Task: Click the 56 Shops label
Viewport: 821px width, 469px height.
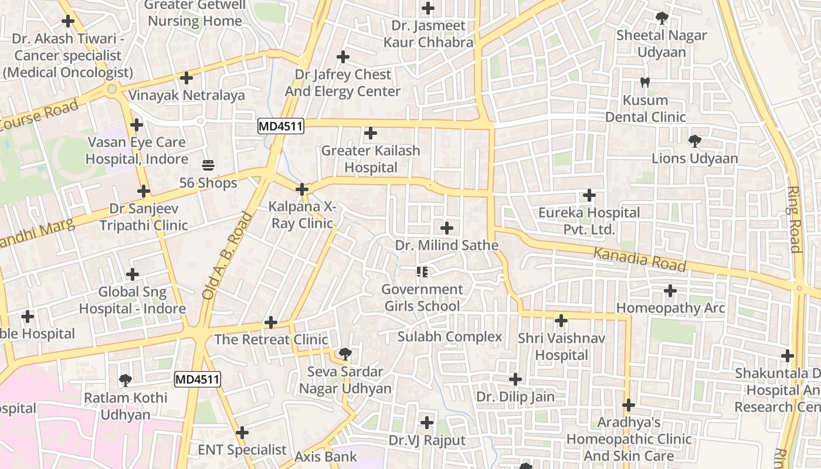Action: tap(208, 183)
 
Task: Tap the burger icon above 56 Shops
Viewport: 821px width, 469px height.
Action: tap(208, 165)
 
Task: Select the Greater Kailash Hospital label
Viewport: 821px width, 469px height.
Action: tap(371, 159)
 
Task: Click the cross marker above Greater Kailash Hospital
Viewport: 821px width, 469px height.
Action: tap(371, 133)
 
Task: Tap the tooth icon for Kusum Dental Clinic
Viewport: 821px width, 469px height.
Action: tap(645, 83)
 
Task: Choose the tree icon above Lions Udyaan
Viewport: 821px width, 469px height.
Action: tap(695, 141)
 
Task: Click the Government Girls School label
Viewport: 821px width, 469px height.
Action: tap(422, 297)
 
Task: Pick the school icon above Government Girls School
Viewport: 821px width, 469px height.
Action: tap(422, 271)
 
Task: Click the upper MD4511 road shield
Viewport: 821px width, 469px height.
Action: tap(281, 125)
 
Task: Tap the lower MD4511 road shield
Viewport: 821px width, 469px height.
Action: tap(197, 379)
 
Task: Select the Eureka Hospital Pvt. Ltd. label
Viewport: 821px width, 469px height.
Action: tap(589, 220)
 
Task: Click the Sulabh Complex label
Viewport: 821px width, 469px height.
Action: tap(450, 337)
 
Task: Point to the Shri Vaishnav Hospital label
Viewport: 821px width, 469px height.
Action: tap(561, 346)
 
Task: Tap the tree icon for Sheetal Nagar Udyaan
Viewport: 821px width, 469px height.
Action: tap(662, 18)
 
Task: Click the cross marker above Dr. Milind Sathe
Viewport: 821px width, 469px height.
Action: tap(447, 227)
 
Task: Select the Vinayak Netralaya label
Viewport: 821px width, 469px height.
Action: tap(186, 95)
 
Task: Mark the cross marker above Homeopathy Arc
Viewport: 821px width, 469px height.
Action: tap(670, 290)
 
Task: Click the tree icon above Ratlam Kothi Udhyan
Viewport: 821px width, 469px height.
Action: tap(125, 380)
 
